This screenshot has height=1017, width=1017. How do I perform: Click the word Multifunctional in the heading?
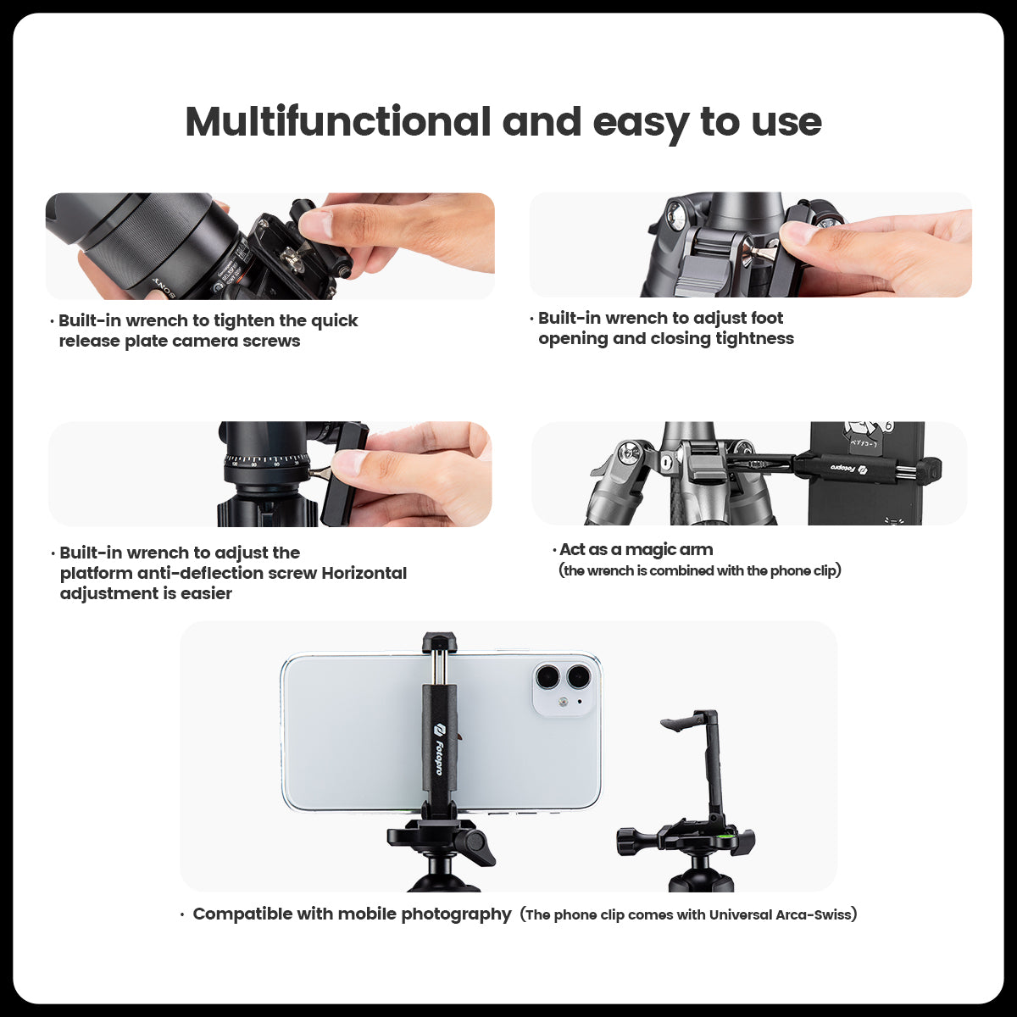pos(337,122)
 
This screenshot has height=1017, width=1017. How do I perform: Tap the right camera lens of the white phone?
pos(579,676)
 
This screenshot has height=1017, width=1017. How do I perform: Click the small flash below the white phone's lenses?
pos(564,703)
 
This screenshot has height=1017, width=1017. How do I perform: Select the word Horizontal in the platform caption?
pos(364,573)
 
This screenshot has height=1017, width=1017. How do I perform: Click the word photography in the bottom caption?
pos(456,914)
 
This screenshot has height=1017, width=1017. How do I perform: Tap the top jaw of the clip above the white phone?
pos(439,642)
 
